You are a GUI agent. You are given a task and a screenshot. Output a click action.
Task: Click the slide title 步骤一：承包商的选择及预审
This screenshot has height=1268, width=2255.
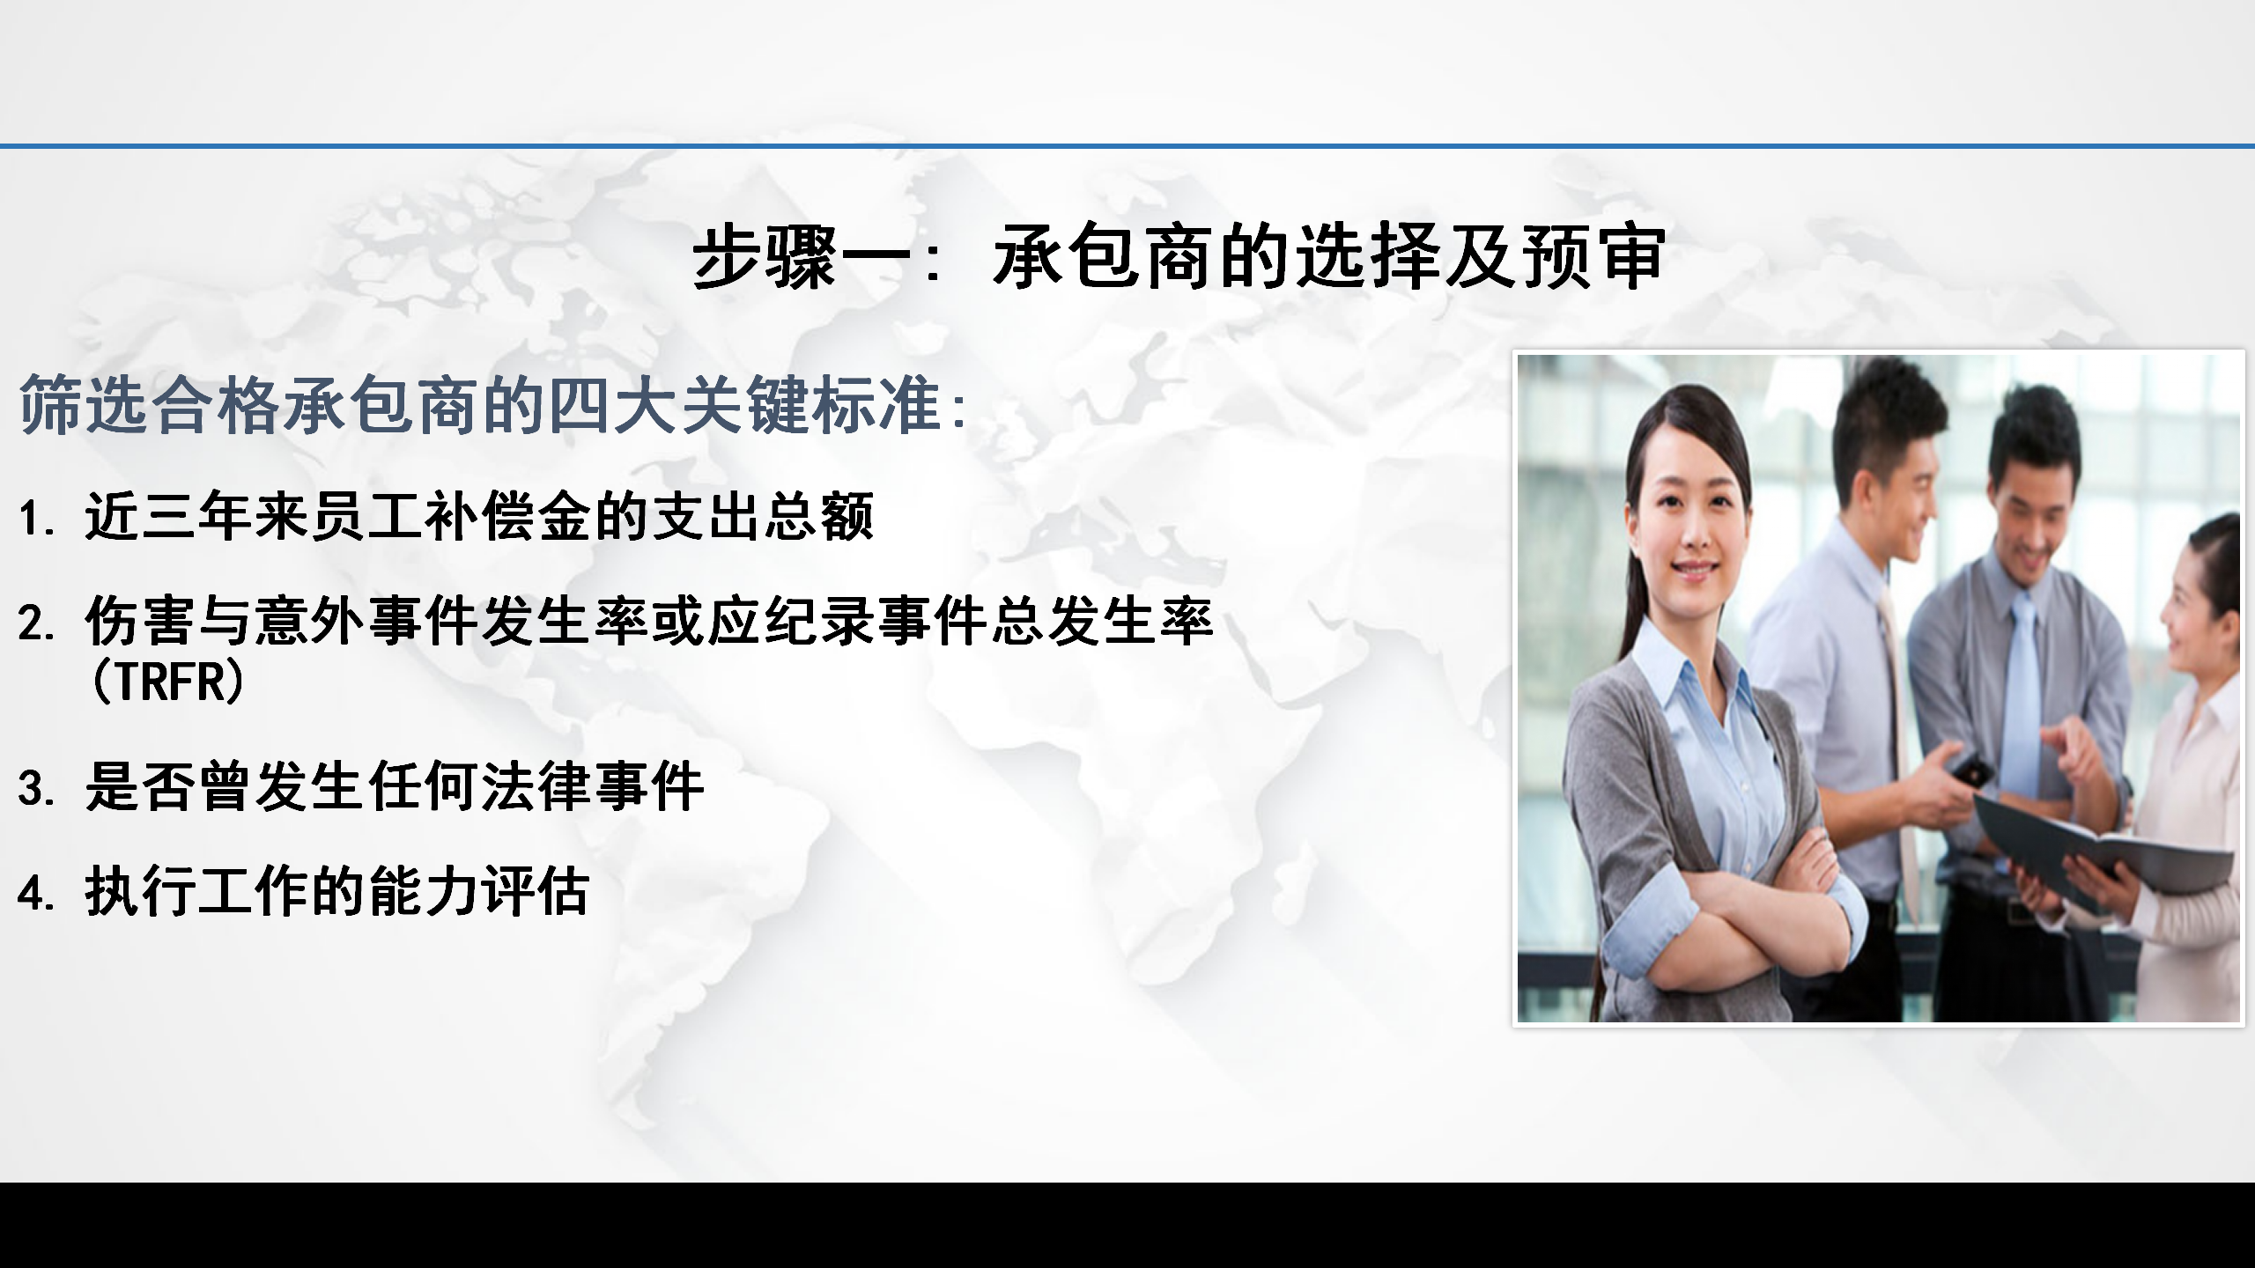coord(1179,256)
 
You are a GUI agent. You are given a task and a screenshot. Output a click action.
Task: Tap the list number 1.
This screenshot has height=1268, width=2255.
coord(36,519)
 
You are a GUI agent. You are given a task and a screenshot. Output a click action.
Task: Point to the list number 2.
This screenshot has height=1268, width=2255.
coord(36,624)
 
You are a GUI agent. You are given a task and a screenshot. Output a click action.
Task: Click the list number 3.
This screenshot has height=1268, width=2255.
coord(36,788)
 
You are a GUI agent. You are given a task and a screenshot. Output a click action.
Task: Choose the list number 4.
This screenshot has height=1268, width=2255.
coord(36,894)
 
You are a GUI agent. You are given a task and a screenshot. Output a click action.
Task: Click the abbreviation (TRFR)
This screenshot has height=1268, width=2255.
coord(167,681)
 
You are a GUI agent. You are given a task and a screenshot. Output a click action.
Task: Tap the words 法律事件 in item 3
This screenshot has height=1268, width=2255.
coord(593,785)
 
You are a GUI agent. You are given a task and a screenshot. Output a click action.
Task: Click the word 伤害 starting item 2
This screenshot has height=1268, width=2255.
coord(141,622)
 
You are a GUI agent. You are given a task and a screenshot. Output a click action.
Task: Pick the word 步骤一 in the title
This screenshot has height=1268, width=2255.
coord(802,256)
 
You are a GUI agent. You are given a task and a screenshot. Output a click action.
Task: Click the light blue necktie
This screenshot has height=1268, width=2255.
coord(2022,696)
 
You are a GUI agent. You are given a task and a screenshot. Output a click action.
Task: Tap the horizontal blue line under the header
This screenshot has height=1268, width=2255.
coord(1127,145)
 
